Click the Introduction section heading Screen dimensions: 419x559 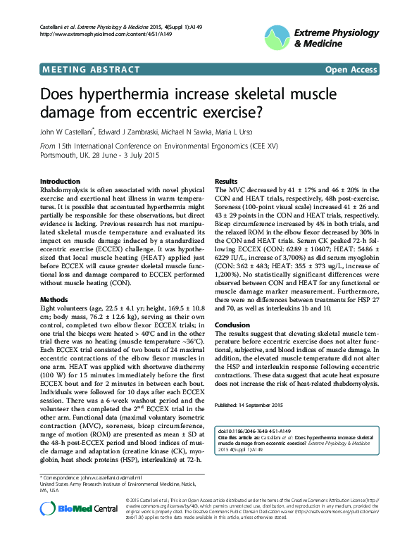60,181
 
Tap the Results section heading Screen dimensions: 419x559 226,181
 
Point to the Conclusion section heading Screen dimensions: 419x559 232,325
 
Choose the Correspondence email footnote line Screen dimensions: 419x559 86,478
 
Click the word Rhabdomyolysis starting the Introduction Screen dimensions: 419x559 66,191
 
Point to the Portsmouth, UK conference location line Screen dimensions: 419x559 100,156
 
